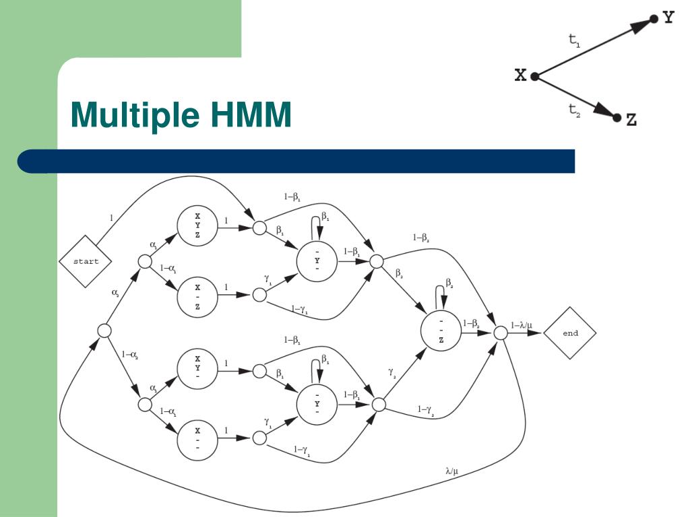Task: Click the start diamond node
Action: tap(86, 261)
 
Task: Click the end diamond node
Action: tap(570, 333)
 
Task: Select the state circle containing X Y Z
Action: tap(197, 226)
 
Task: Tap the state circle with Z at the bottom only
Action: tap(441, 331)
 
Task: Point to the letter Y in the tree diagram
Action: tap(668, 18)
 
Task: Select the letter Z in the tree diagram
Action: tap(631, 120)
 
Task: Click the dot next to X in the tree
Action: tap(534, 76)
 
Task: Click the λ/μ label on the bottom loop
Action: tap(452, 471)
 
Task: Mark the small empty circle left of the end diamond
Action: tap(500, 333)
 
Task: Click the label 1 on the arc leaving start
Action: tap(111, 217)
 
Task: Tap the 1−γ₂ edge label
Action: tap(427, 410)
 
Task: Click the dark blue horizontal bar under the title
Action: tap(296, 162)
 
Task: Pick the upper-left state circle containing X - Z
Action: tap(197, 296)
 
